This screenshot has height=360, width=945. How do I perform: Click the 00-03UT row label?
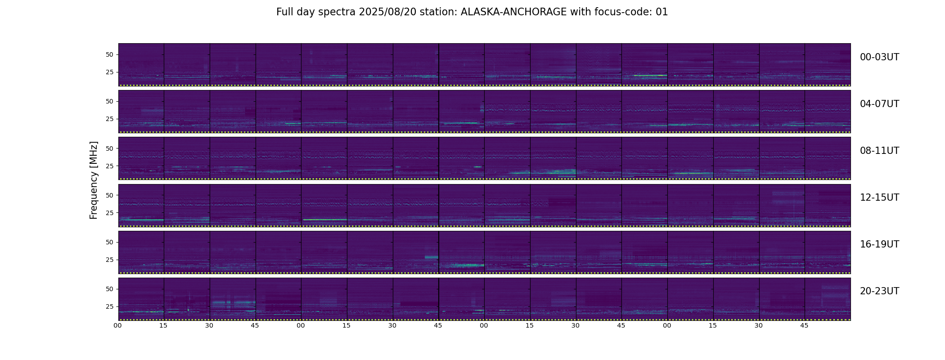[x=879, y=57]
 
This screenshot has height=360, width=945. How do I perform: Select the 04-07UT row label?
[x=879, y=104]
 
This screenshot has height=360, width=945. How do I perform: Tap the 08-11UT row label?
[x=879, y=151]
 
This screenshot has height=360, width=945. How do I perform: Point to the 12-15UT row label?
[x=879, y=198]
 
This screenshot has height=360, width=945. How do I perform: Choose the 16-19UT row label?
[x=879, y=244]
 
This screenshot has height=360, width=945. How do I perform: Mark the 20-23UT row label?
[x=879, y=291]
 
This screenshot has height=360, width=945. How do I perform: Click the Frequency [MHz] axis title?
[x=94, y=180]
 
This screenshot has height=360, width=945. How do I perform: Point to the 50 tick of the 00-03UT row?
[x=109, y=54]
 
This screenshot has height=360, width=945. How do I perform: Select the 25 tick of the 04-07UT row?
[x=109, y=119]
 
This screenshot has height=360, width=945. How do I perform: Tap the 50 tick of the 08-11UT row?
[x=109, y=148]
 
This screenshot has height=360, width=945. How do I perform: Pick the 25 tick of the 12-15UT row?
[x=109, y=212]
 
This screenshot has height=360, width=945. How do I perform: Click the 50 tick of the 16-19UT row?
[x=109, y=242]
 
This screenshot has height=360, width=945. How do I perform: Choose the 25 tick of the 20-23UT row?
[x=109, y=306]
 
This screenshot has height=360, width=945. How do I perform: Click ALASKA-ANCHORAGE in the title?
[x=513, y=12]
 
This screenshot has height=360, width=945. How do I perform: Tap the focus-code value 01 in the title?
[x=661, y=12]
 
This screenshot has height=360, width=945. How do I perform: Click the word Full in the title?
[x=284, y=12]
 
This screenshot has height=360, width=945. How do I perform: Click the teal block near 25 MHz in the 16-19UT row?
[x=432, y=257]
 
